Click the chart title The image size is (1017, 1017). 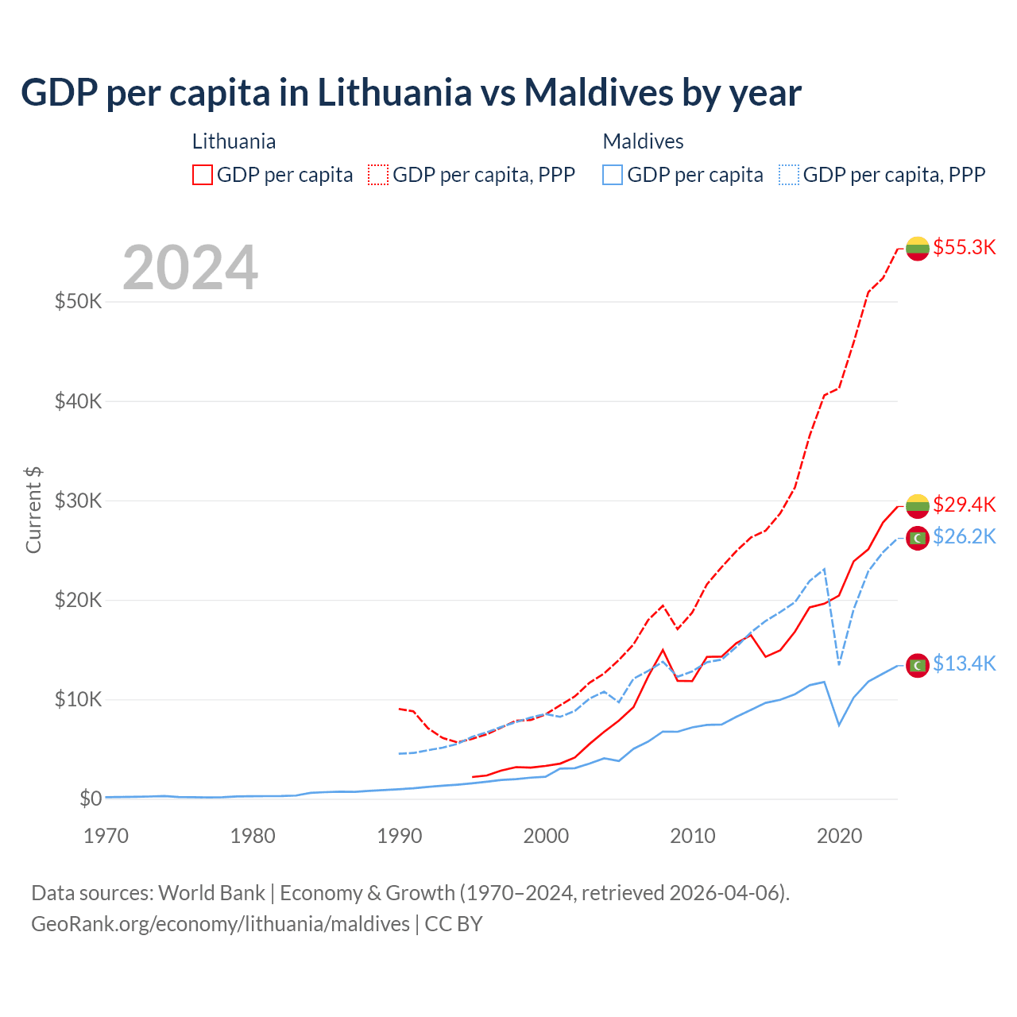click(x=411, y=93)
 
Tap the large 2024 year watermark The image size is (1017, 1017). click(x=191, y=268)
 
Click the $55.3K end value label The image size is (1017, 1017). click(x=964, y=247)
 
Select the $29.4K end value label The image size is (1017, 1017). click(x=964, y=505)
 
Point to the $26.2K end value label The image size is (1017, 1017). click(x=964, y=537)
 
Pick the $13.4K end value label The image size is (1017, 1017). click(x=964, y=663)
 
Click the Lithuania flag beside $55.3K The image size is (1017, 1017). click(x=918, y=249)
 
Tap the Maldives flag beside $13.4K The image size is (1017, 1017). click(x=918, y=665)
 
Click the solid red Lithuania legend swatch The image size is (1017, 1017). click(x=203, y=175)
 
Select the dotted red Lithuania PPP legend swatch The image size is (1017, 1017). click(x=379, y=175)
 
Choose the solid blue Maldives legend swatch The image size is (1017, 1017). click(x=613, y=175)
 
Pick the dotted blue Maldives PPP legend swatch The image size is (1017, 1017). click(x=789, y=175)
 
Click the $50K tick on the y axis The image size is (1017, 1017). click(x=78, y=302)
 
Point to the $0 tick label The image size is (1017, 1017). click(x=91, y=799)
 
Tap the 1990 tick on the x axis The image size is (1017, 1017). click(x=399, y=836)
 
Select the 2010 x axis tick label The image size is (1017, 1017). click(x=693, y=836)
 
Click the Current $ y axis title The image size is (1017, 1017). click(x=33, y=510)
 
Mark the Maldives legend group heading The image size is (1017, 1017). click(x=643, y=141)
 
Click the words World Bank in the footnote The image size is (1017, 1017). click(x=211, y=893)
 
